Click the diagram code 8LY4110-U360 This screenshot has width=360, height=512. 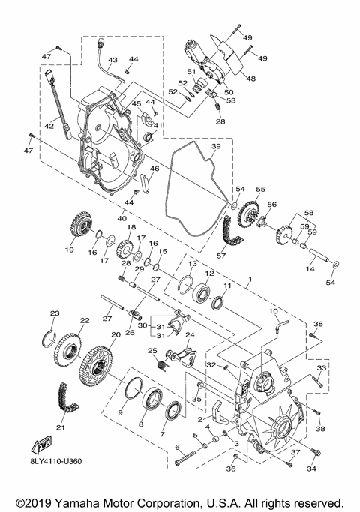click(x=56, y=461)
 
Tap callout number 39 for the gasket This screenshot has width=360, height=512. click(x=216, y=146)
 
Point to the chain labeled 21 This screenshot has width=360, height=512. click(x=67, y=398)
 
